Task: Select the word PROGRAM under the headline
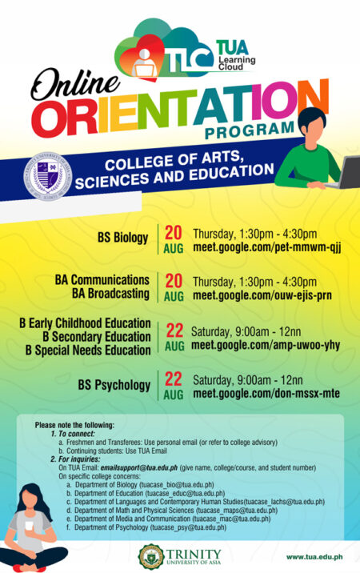pyautogui.click(x=250, y=128)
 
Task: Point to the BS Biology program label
pyautogui.click(x=123, y=238)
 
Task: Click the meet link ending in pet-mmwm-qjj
pyautogui.click(x=267, y=247)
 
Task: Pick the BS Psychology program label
pyautogui.click(x=114, y=385)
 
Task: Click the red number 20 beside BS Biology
pyautogui.click(x=174, y=233)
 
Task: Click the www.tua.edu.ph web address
pyautogui.click(x=314, y=555)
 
